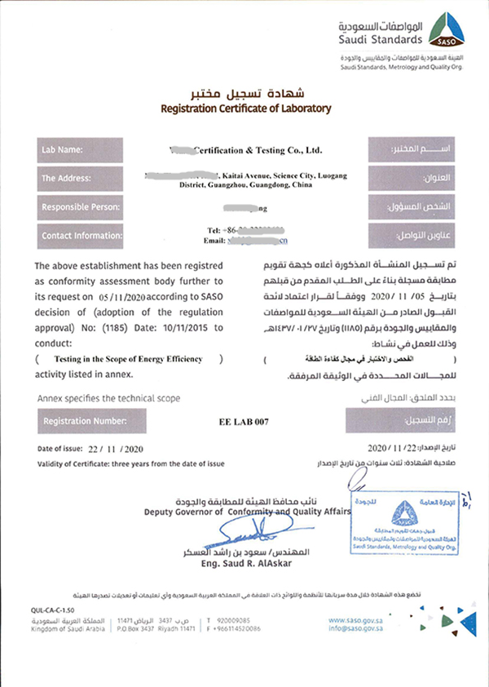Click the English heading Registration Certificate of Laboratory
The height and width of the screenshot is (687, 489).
coord(246,108)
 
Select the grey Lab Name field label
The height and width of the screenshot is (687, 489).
coord(78,150)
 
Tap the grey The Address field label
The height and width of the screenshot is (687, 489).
coord(78,178)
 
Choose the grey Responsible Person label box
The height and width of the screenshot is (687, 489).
coord(78,207)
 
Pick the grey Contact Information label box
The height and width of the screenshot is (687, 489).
coord(78,236)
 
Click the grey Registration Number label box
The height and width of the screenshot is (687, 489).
coord(78,422)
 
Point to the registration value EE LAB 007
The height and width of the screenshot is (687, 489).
coord(244,423)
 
